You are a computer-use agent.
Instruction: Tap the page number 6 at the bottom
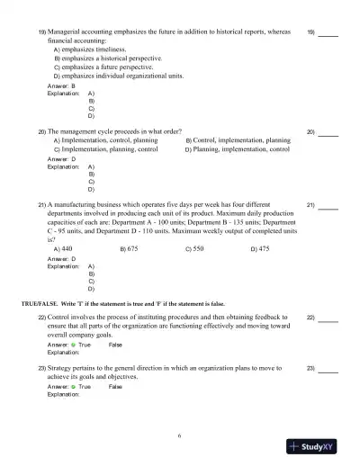179,435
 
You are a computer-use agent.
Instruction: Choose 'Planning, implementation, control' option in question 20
238,150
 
